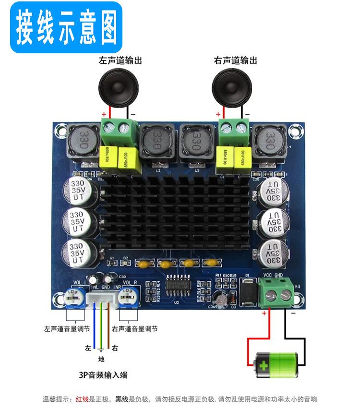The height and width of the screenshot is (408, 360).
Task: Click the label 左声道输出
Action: [x=120, y=61]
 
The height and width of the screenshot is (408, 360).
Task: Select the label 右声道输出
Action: [x=235, y=61]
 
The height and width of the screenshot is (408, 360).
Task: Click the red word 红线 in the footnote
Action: [x=80, y=399]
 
